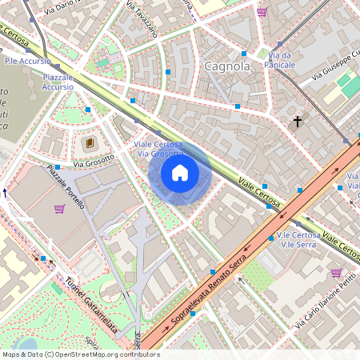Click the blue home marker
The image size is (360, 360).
[180, 173]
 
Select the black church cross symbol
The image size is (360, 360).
[298, 122]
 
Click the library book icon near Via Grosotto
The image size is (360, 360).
[89, 143]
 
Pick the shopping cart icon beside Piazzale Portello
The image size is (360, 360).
[59, 209]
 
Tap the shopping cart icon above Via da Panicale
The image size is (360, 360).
[262, 12]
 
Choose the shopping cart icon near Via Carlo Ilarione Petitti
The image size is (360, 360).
[335, 273]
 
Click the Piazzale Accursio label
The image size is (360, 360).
[58, 82]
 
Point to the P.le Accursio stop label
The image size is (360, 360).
[27, 60]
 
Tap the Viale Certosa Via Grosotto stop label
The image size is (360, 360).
[160, 149]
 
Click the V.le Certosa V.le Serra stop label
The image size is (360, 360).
[298, 241]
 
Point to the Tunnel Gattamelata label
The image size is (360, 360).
[91, 305]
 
